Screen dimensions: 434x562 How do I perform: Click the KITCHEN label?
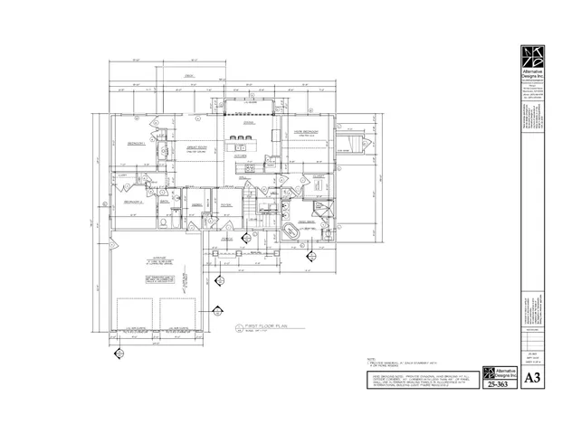[x=241, y=156]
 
